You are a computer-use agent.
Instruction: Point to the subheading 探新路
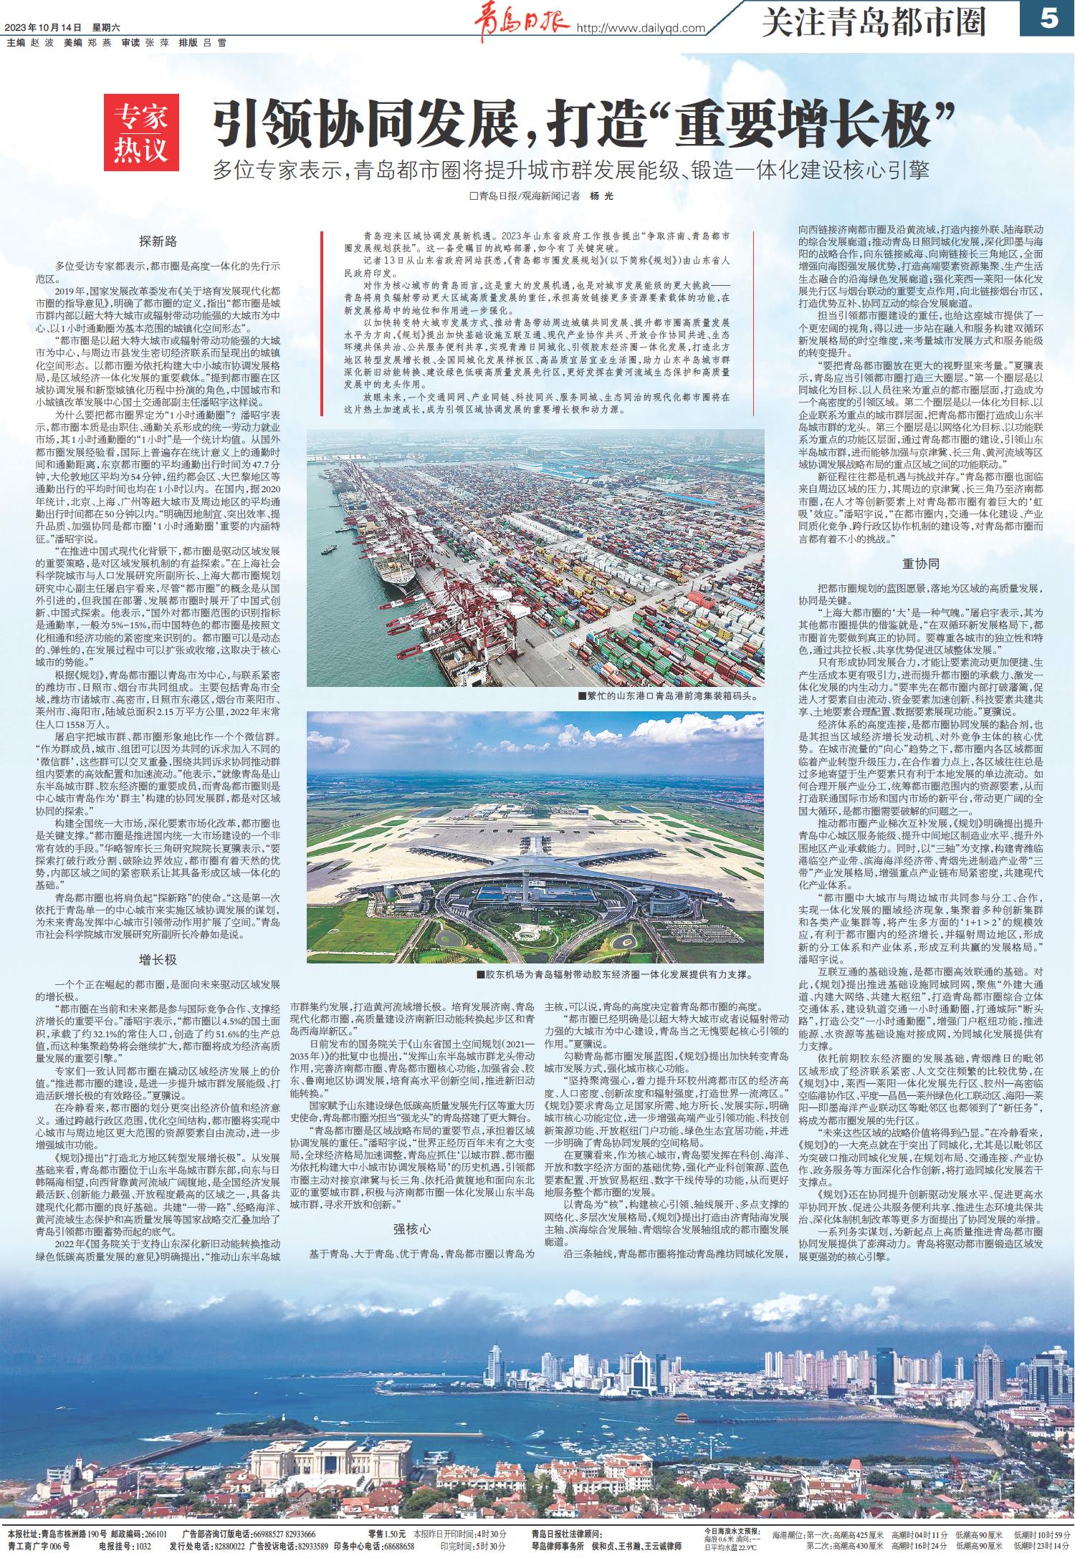(x=158, y=241)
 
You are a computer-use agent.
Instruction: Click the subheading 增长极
(x=158, y=959)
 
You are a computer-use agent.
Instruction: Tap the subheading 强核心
(x=411, y=1230)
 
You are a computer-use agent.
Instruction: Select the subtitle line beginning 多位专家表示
(x=570, y=170)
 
